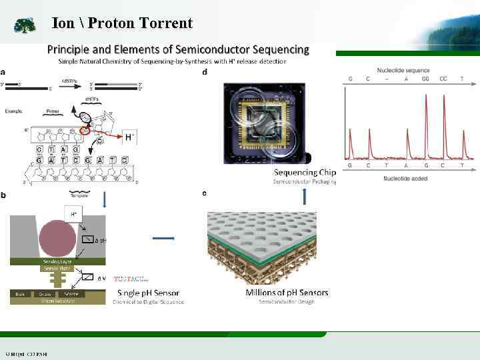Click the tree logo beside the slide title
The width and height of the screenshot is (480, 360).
[x=25, y=26]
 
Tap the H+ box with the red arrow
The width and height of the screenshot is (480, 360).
[x=129, y=137]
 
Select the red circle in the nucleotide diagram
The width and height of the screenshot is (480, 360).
[x=85, y=131]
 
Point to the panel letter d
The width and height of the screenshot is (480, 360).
[x=205, y=72]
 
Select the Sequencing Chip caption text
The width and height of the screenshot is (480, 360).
[x=305, y=172]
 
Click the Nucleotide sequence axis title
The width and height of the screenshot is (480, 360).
[x=403, y=70]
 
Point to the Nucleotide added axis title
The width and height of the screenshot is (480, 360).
[x=406, y=179]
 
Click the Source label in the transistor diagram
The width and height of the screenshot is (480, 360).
[x=69, y=293]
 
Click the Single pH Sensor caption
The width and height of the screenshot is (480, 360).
[x=148, y=292]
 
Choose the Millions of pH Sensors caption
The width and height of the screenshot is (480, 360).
[x=287, y=292]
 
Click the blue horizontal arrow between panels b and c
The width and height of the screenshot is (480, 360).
[x=164, y=238]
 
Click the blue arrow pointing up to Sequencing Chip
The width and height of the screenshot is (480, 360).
[x=305, y=196]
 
